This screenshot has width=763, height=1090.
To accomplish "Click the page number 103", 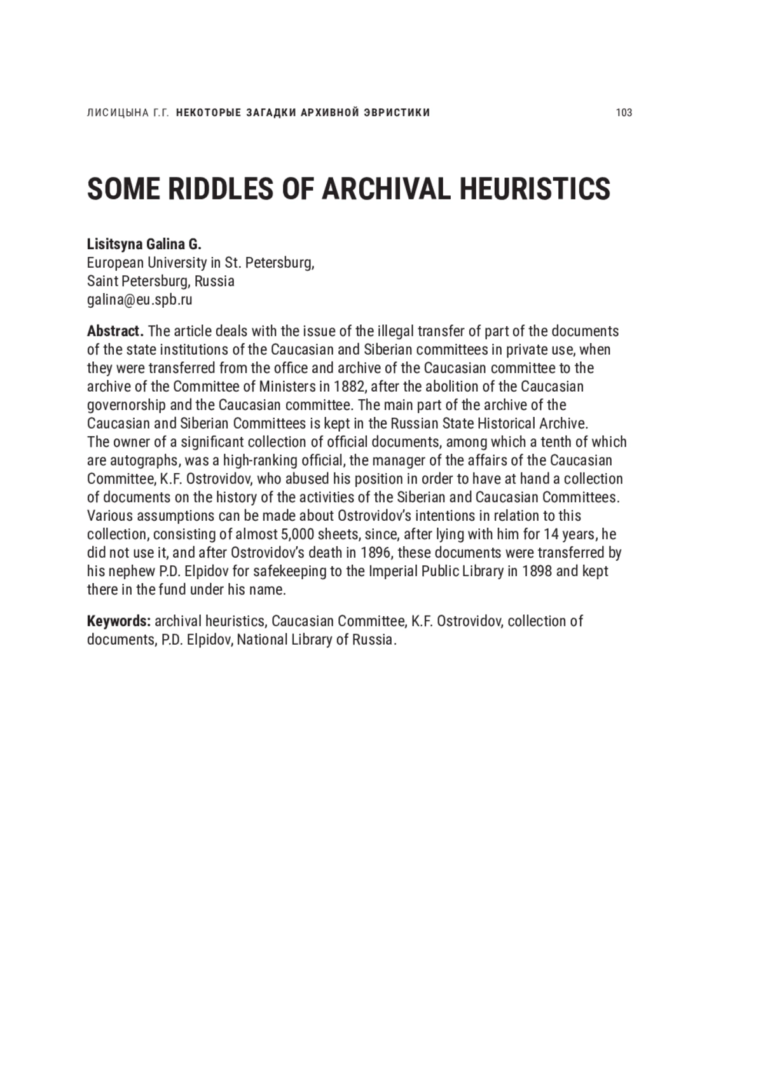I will pos(624,113).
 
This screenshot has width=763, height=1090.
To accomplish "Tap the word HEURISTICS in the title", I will pos(535,189).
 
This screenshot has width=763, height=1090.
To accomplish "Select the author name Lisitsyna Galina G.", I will pos(144,244).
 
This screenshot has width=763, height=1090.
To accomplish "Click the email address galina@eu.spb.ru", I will pos(140,300).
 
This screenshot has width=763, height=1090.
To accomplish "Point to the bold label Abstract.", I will pos(115,331).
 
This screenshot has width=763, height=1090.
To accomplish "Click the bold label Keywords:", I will pos(119,621).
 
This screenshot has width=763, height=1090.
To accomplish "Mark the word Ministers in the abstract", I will pos(298,387).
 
